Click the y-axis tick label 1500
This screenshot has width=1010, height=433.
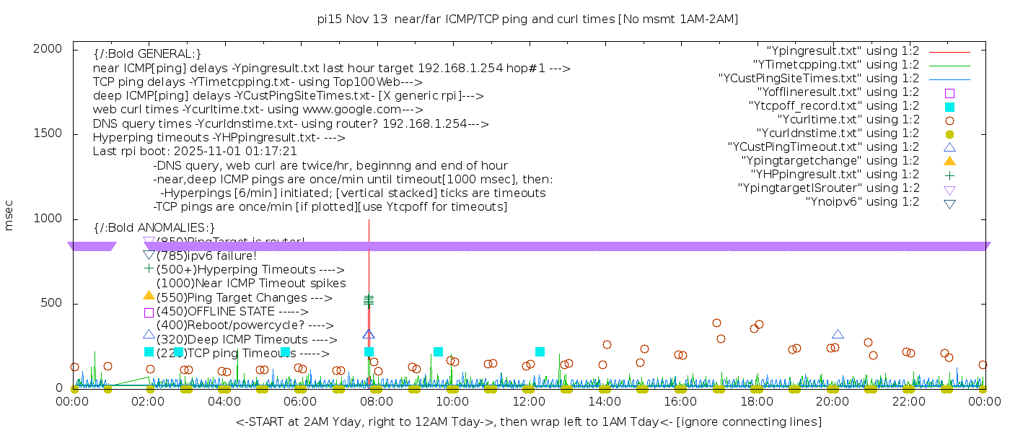(48, 134)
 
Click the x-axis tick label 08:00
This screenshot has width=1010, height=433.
(377, 401)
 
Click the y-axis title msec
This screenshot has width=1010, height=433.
(9, 218)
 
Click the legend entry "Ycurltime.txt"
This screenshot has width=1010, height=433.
(848, 120)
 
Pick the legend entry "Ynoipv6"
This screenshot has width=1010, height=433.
(862, 202)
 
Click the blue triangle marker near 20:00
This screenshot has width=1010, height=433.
(838, 334)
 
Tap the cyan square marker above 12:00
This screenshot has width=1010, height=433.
(540, 352)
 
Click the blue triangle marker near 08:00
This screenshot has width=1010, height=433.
(369, 335)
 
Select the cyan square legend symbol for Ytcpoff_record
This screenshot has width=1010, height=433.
(949, 107)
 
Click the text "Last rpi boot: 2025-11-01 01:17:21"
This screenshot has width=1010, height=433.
(195, 152)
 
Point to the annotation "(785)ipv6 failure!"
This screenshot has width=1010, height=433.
(206, 256)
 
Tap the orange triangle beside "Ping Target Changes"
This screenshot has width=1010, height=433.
(149, 296)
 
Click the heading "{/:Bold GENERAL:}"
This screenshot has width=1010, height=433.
(147, 55)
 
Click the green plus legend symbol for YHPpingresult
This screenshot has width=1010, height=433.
(949, 175)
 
